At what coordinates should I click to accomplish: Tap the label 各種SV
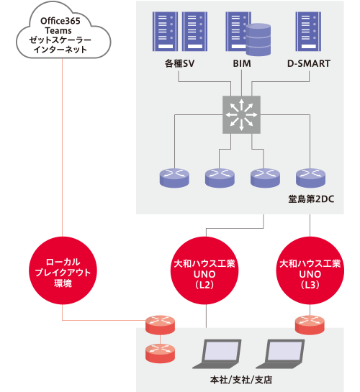179,63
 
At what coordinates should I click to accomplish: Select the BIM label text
242,63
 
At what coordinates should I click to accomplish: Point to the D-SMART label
309,63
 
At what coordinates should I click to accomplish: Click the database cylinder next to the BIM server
258,40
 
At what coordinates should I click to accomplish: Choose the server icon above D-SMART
308,32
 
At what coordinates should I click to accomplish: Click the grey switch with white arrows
241,114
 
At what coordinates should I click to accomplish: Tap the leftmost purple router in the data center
174,178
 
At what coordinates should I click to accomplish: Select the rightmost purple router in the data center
310,178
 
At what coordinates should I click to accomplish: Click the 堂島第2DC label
311,199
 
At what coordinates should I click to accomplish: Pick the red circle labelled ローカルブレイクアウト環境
63,270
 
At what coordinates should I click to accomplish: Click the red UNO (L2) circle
204,270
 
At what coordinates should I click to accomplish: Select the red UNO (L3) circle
310,270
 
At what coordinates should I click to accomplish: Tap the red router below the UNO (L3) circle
310,325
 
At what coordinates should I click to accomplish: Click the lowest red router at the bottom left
160,353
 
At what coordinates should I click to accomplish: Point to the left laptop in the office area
217,354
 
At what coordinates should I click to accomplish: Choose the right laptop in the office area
281,354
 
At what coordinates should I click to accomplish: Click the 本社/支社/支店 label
241,380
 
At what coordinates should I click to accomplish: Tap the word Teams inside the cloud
58,30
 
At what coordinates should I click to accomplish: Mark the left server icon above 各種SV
166,32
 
